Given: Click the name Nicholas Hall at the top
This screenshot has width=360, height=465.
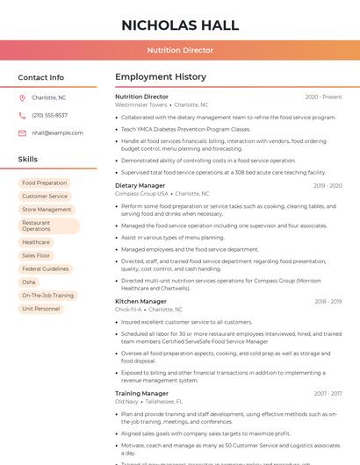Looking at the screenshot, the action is pyautogui.click(x=179, y=24).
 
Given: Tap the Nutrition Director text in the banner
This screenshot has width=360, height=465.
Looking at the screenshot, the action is pyautogui.click(x=179, y=51).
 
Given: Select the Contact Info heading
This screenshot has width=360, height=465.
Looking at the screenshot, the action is pyautogui.click(x=40, y=77).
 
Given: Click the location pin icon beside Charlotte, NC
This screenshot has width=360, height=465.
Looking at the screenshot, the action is pyautogui.click(x=22, y=98).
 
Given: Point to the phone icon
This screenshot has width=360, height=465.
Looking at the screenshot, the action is pyautogui.click(x=22, y=116).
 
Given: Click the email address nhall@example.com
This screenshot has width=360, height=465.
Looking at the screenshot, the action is pyautogui.click(x=57, y=133).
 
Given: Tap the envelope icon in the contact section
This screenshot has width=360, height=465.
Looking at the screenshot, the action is pyautogui.click(x=22, y=133).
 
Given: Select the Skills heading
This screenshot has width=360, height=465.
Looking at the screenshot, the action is pyautogui.click(x=28, y=160).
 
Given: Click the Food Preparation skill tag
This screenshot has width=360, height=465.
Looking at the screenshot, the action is pyautogui.click(x=45, y=183).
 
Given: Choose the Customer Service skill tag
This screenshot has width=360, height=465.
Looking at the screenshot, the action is pyautogui.click(x=45, y=197).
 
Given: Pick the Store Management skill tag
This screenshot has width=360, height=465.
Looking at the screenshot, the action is pyautogui.click(x=47, y=210).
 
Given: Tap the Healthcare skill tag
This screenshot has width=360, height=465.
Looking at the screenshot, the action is pyautogui.click(x=36, y=242).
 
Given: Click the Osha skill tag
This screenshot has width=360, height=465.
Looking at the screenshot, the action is pyautogui.click(x=29, y=283).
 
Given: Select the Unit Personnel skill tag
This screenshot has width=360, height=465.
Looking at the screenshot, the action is pyautogui.click(x=41, y=309).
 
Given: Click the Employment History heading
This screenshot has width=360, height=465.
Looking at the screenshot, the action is pyautogui.click(x=161, y=77).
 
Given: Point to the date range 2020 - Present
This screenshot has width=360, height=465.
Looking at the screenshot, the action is pyautogui.click(x=323, y=97).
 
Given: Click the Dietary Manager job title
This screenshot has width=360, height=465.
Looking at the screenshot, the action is pyautogui.click(x=140, y=186).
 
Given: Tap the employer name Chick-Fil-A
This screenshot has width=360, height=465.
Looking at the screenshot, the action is pyautogui.click(x=128, y=310).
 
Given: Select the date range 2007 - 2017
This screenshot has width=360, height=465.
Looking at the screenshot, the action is pyautogui.click(x=328, y=394).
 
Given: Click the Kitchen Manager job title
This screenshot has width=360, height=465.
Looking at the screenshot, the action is pyautogui.click(x=140, y=302).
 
